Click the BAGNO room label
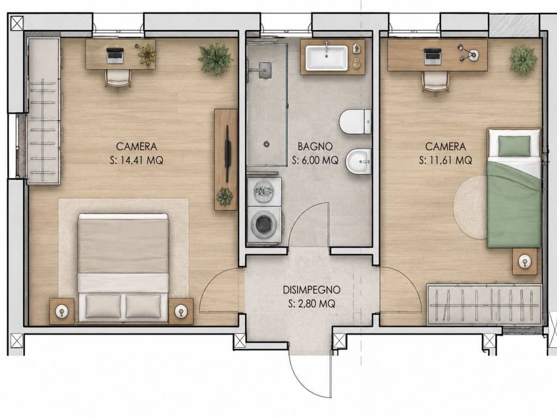click(x=315, y=146)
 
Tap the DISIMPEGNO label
click(x=312, y=290)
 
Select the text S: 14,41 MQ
click(x=137, y=161)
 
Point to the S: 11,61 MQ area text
click(x=446, y=161)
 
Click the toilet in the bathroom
click(x=355, y=121)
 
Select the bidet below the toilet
click(x=358, y=161)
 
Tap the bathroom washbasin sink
click(x=327, y=58)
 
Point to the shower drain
click(x=267, y=144)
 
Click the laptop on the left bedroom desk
click(x=114, y=56)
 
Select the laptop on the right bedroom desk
click(x=432, y=57)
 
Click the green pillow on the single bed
click(x=514, y=146)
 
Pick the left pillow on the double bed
click(x=103, y=306)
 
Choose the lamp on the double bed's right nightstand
click(x=181, y=311)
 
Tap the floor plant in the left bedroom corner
click(x=215, y=59)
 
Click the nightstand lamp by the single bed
click(x=525, y=262)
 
